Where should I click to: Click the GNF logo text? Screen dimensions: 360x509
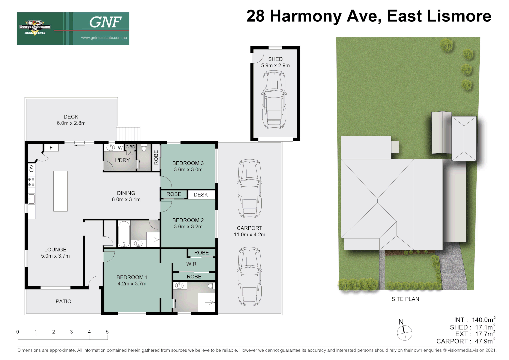[105, 22]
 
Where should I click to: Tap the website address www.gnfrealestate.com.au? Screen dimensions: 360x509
[104, 38]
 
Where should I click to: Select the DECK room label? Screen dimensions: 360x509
[71, 117]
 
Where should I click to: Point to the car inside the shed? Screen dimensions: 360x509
[274, 100]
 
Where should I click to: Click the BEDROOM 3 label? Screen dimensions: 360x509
[188, 163]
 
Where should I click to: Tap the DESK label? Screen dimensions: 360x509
[201, 195]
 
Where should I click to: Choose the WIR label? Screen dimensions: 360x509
[191, 264]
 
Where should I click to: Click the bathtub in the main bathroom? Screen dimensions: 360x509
[124, 234]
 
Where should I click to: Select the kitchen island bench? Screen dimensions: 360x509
[60, 191]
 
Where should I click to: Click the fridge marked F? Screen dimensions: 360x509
[51, 148]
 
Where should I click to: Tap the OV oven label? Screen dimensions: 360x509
[32, 168]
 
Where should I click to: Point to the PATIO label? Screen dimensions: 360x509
[64, 301]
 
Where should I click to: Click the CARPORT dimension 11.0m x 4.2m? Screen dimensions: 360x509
[249, 235]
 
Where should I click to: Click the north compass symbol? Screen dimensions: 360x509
[404, 333]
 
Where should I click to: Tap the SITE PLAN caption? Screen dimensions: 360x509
[405, 299]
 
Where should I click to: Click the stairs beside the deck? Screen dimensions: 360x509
[128, 133]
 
